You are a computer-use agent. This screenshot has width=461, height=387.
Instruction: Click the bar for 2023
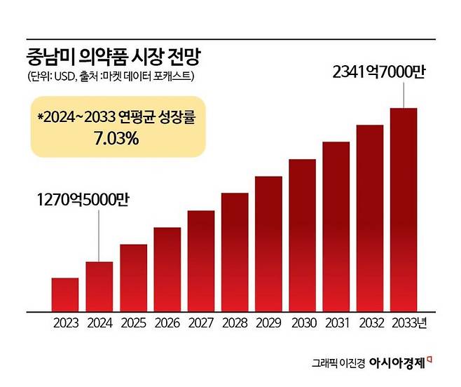click(x=65, y=294)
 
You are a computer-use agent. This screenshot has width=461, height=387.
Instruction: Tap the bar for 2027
click(x=201, y=261)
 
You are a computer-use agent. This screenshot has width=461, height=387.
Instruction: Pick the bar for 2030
click(x=303, y=235)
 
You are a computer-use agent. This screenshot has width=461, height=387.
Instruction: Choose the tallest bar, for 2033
click(x=404, y=210)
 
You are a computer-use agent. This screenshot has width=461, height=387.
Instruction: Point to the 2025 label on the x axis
click(x=133, y=324)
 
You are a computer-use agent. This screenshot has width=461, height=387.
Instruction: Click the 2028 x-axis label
click(x=235, y=324)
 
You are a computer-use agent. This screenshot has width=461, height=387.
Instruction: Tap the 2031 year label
click(x=336, y=324)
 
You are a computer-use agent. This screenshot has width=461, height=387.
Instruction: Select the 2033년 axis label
click(x=407, y=324)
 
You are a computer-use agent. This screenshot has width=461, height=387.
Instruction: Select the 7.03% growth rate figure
click(x=116, y=140)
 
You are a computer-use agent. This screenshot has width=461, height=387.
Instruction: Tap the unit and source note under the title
click(x=111, y=76)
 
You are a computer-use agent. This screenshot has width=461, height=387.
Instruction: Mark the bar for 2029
click(x=268, y=243)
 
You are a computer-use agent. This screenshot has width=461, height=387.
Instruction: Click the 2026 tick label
click(x=167, y=324)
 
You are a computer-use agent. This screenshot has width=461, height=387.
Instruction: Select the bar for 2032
click(x=370, y=218)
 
